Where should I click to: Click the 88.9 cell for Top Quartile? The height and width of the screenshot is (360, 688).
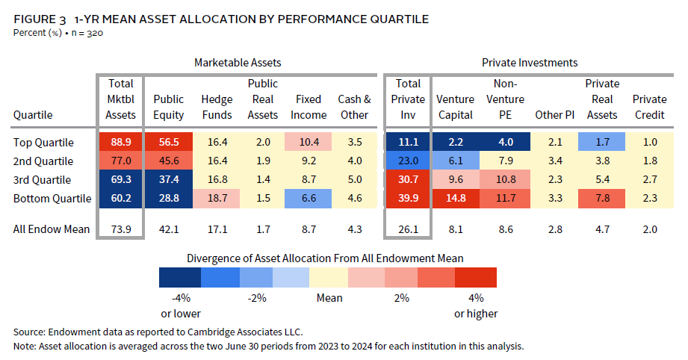(121, 141)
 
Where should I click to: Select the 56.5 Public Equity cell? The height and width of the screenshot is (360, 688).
(169, 141)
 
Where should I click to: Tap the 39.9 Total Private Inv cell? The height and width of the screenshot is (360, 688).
(408, 199)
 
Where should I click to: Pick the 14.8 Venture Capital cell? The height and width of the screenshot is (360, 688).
(456, 199)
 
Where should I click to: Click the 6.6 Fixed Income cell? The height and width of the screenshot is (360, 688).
(309, 199)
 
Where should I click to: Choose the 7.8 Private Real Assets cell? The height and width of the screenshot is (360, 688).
(602, 199)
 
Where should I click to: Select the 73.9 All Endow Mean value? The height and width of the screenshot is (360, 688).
(121, 229)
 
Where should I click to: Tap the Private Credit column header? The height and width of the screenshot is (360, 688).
(649, 107)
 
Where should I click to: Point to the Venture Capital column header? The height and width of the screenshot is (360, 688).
(456, 107)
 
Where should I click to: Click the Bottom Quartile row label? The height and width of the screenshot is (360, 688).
(52, 199)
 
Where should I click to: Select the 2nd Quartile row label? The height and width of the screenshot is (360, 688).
(44, 161)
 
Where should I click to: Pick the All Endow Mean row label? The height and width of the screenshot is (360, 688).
(52, 229)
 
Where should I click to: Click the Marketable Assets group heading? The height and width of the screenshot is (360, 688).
(238, 63)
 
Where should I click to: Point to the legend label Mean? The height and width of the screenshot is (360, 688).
(329, 298)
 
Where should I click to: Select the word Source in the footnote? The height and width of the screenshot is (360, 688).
(29, 331)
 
